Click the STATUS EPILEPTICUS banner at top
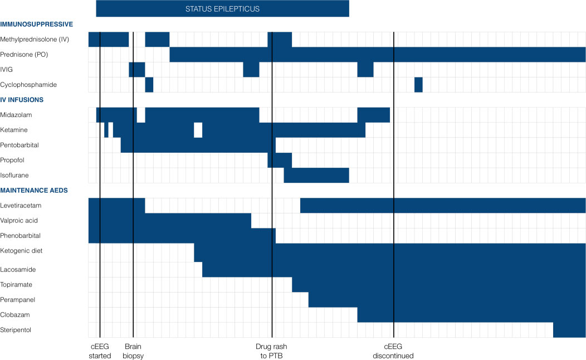click(222, 9)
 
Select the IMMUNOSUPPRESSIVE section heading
click(37, 25)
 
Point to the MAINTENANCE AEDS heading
click(35, 190)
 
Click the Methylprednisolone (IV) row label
click(42, 40)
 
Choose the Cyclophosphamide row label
click(28, 85)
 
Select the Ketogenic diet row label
click(22, 251)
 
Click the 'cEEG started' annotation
click(101, 352)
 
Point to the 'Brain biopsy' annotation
click(133, 352)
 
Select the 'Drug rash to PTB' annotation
click(271, 352)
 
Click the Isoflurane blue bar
click(316, 175)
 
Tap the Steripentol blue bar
click(569, 330)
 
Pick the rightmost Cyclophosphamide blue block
click(418, 85)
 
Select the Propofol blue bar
click(280, 160)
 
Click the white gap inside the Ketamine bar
click(198, 130)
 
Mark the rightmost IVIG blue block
click(365, 70)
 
